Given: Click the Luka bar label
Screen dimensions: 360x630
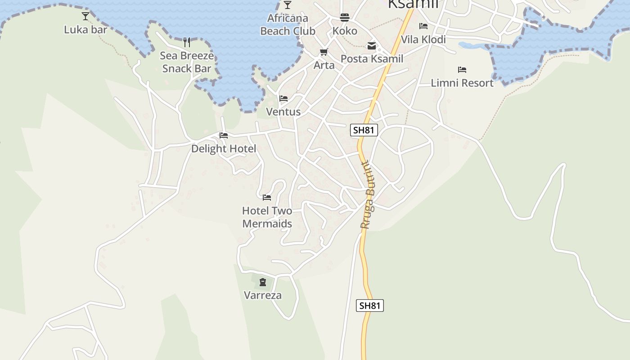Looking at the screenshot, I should click(x=85, y=30).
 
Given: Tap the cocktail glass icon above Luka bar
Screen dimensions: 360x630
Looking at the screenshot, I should click(x=85, y=16).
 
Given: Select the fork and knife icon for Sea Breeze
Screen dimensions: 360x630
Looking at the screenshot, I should click(x=187, y=42).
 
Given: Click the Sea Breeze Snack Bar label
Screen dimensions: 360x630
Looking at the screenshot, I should click(x=187, y=62).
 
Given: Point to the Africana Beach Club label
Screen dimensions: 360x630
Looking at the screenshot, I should click(x=288, y=25).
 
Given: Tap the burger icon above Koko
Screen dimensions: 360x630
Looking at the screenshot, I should click(x=345, y=18).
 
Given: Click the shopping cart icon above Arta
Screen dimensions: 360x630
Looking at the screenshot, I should click(x=324, y=52).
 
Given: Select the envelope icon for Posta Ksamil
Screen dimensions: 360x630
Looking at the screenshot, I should click(x=372, y=45).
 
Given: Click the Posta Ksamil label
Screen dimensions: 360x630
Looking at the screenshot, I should click(x=372, y=59).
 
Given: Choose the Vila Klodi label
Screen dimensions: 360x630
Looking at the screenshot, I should click(x=423, y=40).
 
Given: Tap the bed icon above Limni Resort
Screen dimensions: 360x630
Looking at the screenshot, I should click(x=462, y=70).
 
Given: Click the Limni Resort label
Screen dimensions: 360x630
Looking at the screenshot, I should click(x=462, y=83).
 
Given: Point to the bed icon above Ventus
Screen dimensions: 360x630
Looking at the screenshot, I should click(x=283, y=99).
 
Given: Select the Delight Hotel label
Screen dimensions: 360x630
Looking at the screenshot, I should click(x=224, y=149).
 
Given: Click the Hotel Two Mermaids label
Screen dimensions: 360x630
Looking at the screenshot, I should click(x=267, y=217).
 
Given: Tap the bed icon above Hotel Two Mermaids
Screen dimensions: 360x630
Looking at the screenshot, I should click(x=267, y=197).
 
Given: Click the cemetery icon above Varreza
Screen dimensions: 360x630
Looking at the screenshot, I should click(x=263, y=282).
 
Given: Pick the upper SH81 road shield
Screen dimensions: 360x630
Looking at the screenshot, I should click(x=364, y=130).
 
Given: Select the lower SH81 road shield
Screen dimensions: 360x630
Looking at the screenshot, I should click(x=370, y=306).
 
